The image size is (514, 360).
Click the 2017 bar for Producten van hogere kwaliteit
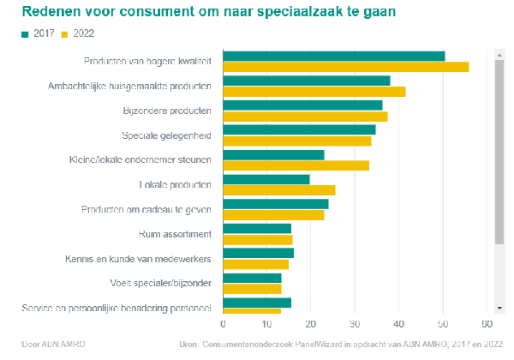pyautogui.click(x=334, y=56)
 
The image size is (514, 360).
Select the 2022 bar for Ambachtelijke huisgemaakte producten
pyautogui.click(x=314, y=92)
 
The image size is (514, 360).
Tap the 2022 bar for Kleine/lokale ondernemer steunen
pyautogui.click(x=296, y=165)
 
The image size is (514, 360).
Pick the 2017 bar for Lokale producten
pyautogui.click(x=266, y=179)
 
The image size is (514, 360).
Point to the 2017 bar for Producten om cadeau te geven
pyautogui.click(x=276, y=204)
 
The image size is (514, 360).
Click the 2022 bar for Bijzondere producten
pyautogui.click(x=305, y=117)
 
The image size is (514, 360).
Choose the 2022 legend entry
pyautogui.click(x=78, y=33)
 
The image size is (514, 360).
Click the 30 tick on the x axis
pyautogui.click(x=355, y=324)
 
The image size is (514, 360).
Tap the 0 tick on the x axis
pyautogui.click(x=224, y=324)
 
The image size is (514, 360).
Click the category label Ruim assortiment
pyautogui.click(x=175, y=234)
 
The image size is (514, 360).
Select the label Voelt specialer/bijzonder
pyautogui.click(x=161, y=283)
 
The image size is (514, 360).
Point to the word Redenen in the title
pyautogui.click(x=49, y=12)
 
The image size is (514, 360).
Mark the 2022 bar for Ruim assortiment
pyautogui.click(x=258, y=240)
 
